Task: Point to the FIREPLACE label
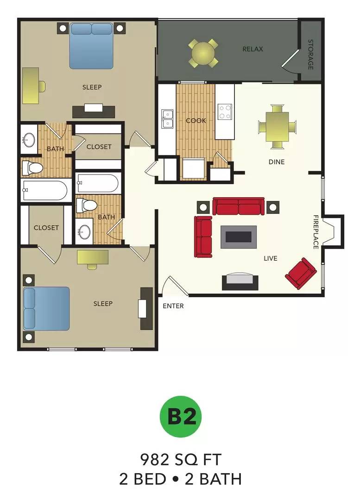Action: [x=316, y=232]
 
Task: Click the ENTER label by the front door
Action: [x=173, y=306]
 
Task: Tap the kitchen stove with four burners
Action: [x=225, y=112]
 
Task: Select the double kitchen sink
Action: [x=167, y=119]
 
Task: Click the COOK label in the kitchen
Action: [x=196, y=121]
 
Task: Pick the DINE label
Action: [x=277, y=162]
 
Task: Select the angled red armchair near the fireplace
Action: [x=301, y=272]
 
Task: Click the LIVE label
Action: [x=270, y=258]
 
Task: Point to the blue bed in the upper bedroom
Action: [x=92, y=45]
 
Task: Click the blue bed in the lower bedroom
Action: [x=46, y=308]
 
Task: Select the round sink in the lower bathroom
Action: [x=84, y=231]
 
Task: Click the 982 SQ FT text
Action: [x=181, y=460]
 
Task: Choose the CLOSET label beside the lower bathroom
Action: [x=46, y=228]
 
